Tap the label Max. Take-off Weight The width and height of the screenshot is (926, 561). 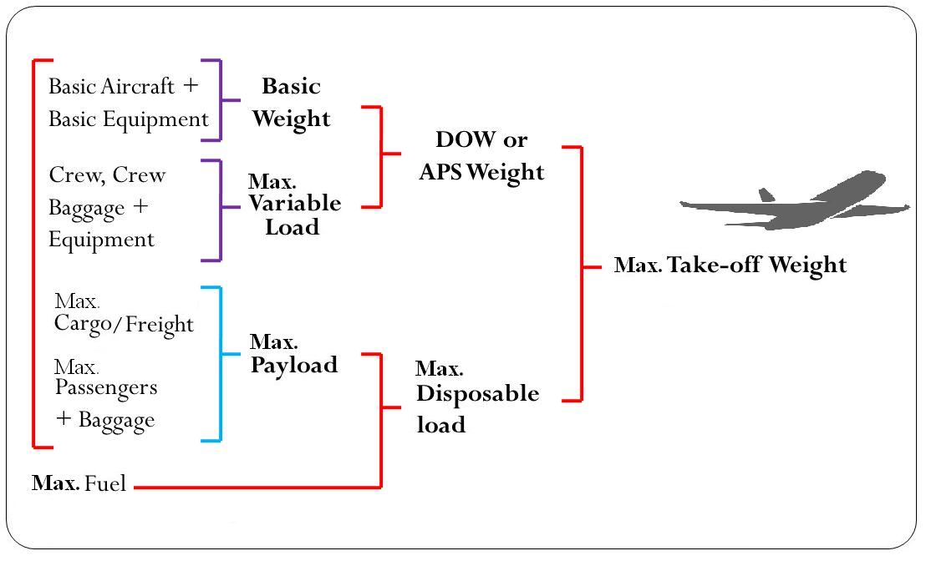[730, 265]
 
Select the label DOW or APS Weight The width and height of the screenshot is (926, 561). [481, 155]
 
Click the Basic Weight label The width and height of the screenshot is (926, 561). [292, 103]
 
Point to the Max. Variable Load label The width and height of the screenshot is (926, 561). [293, 204]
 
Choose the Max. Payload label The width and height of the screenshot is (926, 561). [293, 354]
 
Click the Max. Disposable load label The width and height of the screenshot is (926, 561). [476, 397]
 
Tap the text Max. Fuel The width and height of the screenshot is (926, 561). [79, 483]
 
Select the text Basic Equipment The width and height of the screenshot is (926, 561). [128, 119]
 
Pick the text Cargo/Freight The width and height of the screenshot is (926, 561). [124, 324]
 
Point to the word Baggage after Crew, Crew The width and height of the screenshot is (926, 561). [88, 207]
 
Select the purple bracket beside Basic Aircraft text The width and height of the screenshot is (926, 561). [220, 100]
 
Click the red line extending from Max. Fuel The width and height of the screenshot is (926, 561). [251, 487]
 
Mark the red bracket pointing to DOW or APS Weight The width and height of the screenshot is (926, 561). [381, 156]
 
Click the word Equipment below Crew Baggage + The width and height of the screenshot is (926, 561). [101, 240]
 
